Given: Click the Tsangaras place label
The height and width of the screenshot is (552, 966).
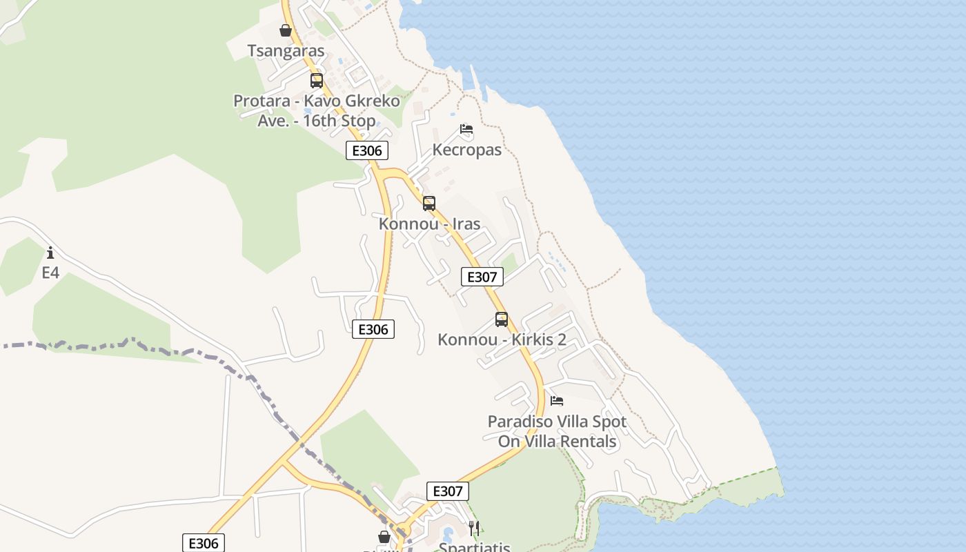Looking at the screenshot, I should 286,51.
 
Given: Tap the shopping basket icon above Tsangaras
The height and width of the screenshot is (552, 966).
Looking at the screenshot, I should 286,31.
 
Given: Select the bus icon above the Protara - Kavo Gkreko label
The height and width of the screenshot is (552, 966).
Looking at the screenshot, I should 317,81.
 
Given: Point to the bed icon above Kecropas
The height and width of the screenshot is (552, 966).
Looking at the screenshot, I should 466,129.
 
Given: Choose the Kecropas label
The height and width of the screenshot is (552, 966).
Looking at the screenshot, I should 466,150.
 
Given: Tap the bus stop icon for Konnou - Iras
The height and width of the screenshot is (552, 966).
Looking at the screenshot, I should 429,204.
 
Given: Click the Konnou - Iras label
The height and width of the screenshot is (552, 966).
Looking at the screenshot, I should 429,224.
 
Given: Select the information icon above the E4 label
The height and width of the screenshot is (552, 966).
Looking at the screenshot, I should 50,253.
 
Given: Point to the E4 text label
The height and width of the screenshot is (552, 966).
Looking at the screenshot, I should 50,273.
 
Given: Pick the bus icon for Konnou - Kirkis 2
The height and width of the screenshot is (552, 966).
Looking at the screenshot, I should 502,319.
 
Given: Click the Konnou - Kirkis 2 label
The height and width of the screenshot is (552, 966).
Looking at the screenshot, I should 502,340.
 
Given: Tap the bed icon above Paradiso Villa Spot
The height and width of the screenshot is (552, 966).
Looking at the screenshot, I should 557,401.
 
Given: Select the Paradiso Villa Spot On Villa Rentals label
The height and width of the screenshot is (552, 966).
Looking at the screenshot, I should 557,431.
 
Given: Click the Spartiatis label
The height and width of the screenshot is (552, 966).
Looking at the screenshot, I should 475,547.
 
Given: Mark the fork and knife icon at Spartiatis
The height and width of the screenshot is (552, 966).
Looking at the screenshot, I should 474,529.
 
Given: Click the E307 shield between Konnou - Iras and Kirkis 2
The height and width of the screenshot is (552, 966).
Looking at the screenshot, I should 482,277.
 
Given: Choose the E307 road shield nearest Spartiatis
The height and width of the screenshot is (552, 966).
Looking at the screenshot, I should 448,491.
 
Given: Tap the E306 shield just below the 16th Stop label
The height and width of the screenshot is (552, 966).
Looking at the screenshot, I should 367,151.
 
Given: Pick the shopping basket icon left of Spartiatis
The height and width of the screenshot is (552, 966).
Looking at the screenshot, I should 384,537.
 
